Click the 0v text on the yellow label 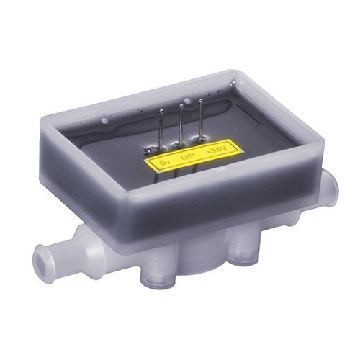click(164, 165)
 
